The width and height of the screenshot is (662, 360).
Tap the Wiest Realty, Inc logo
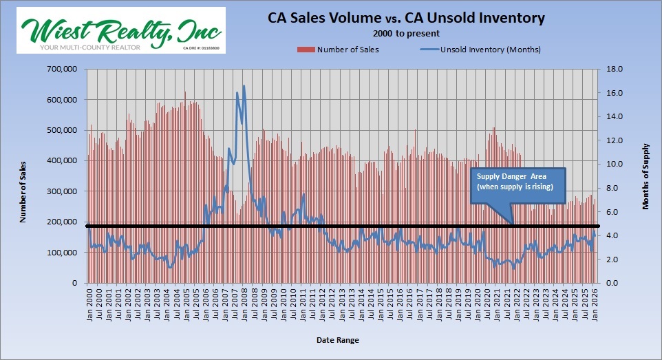click(x=121, y=30)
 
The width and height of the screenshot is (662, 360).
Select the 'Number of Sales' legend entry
click(x=338, y=49)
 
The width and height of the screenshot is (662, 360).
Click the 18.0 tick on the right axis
click(x=614, y=69)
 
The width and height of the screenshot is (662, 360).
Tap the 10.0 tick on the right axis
click(x=614, y=165)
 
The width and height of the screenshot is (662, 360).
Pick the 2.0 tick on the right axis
click(x=615, y=260)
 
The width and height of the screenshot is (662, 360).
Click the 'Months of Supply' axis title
click(x=645, y=176)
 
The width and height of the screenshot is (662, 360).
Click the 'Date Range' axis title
click(x=337, y=340)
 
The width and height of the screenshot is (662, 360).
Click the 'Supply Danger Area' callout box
click(x=517, y=184)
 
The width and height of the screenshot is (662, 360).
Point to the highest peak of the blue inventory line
click(x=244, y=86)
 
